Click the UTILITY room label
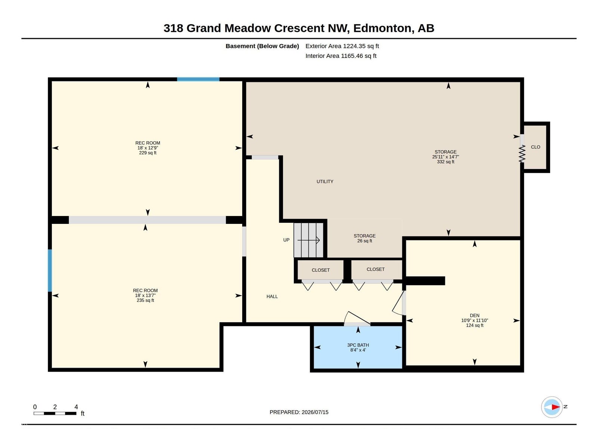coord(325,182)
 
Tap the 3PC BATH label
coord(358,345)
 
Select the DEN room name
coord(474,315)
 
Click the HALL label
coord(272,296)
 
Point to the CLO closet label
coord(535,147)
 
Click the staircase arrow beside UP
coord(309,240)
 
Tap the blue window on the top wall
coord(198,79)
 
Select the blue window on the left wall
coord(50,271)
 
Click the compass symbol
coord(552,407)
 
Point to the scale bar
coord(55,413)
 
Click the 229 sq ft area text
coord(148,153)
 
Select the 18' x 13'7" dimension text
coord(145,295)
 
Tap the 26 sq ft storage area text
coord(364,241)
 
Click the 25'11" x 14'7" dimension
coord(445,157)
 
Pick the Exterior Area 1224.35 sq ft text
coord(342,46)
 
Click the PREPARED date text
coord(299,412)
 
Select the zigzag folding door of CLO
coord(522,154)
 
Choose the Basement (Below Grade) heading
coord(262,46)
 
